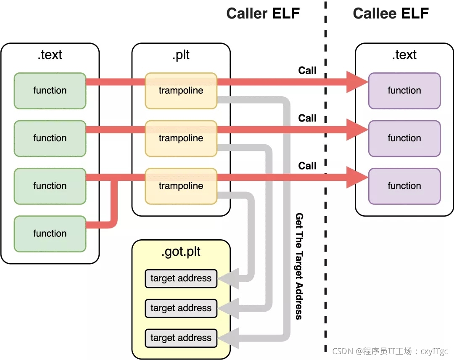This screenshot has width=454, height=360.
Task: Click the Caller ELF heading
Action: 263,13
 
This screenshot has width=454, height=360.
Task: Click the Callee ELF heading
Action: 391,13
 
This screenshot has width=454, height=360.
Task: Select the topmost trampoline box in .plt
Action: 181,91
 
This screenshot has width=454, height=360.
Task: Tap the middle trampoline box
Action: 181,138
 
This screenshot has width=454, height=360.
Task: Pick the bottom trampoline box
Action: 181,186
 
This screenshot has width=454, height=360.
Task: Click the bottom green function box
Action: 50,234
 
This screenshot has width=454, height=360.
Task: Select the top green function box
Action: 50,91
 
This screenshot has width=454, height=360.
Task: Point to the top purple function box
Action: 404,91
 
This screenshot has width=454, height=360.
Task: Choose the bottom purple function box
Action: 404,186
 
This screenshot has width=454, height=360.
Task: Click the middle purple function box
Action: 404,138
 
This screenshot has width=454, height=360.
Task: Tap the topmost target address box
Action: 181,278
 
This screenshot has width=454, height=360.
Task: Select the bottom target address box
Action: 181,338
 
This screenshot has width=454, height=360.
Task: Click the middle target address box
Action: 181,308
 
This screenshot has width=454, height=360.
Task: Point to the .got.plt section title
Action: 181,251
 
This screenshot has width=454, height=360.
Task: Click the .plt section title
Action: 181,55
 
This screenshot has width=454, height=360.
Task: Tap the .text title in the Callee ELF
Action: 404,55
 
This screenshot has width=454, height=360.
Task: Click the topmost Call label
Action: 307,70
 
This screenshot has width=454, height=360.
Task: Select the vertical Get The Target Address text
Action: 299,266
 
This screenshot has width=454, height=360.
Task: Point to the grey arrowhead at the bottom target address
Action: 229,338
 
